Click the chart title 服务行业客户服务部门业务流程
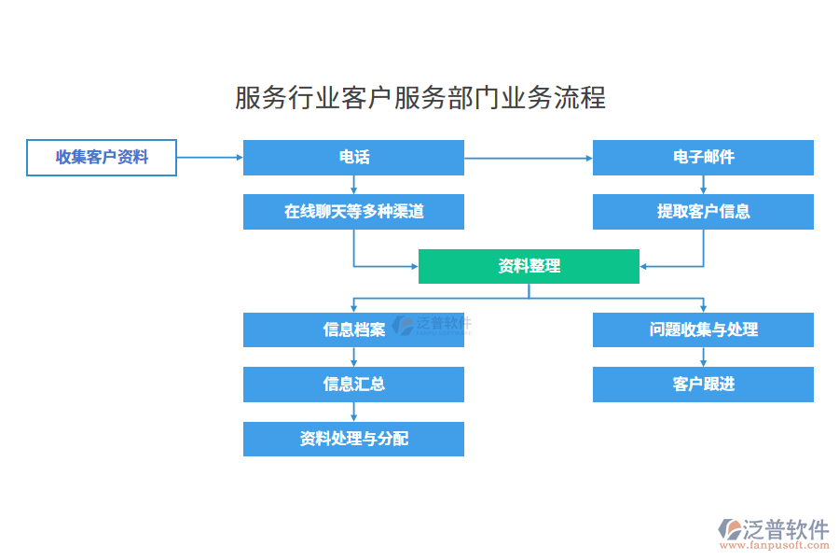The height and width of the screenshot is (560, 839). click(x=419, y=97)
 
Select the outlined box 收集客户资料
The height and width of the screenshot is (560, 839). click(x=102, y=158)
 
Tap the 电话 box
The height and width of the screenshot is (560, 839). click(x=353, y=158)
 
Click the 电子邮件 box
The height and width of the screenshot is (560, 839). click(x=703, y=158)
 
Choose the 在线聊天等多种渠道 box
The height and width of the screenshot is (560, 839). click(x=353, y=212)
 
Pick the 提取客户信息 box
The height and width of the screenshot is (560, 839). click(x=703, y=212)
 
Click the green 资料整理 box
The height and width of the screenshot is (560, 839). click(x=529, y=266)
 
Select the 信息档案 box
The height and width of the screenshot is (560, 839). click(x=353, y=329)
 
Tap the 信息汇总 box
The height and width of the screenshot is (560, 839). click(x=353, y=384)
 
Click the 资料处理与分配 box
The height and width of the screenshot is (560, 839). click(x=353, y=439)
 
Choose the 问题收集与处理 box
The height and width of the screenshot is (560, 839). click(x=703, y=329)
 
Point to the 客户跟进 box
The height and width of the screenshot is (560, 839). click(x=703, y=384)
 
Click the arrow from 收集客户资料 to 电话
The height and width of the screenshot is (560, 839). click(x=210, y=158)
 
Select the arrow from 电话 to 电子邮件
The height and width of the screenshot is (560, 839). click(x=528, y=158)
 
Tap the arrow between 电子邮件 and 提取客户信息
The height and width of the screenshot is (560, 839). click(x=703, y=185)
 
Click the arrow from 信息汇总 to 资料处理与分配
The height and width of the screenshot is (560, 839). click(x=353, y=412)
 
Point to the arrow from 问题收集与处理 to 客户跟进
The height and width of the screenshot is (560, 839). click(x=703, y=357)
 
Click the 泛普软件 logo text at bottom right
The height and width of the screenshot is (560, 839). click(x=785, y=529)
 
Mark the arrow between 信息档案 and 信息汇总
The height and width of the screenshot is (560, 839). click(x=353, y=357)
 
